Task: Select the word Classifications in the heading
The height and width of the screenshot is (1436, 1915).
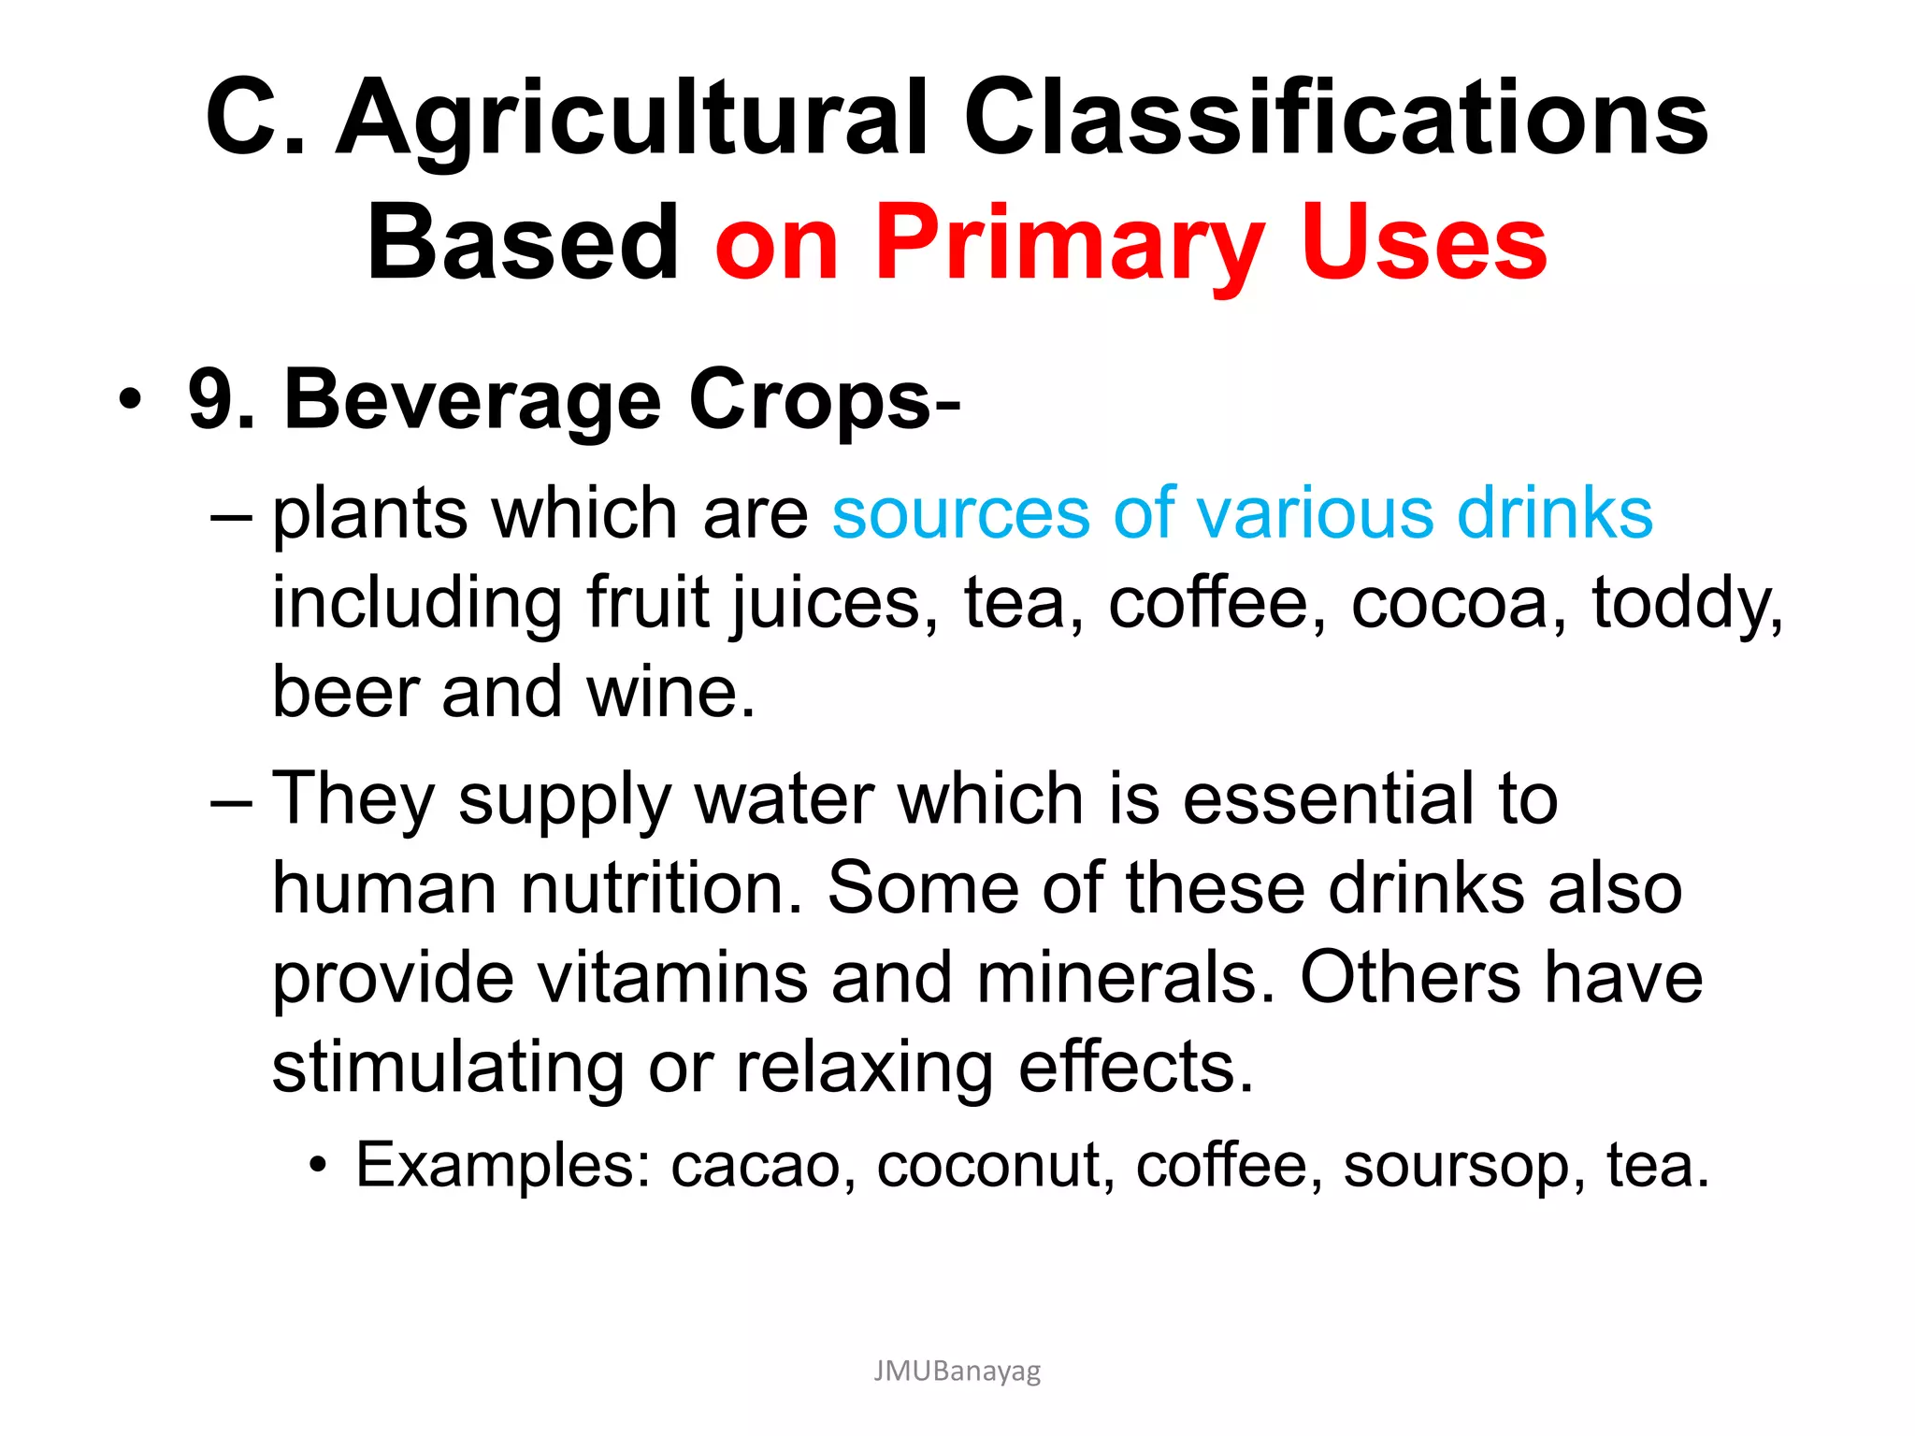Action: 1336,119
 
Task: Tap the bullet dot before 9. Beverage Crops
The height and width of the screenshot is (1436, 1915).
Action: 131,400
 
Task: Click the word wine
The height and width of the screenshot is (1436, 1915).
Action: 670,693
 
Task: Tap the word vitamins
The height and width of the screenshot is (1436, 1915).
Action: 671,978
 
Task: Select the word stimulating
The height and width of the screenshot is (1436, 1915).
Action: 448,1068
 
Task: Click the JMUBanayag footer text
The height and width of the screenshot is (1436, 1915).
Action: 957,1371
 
